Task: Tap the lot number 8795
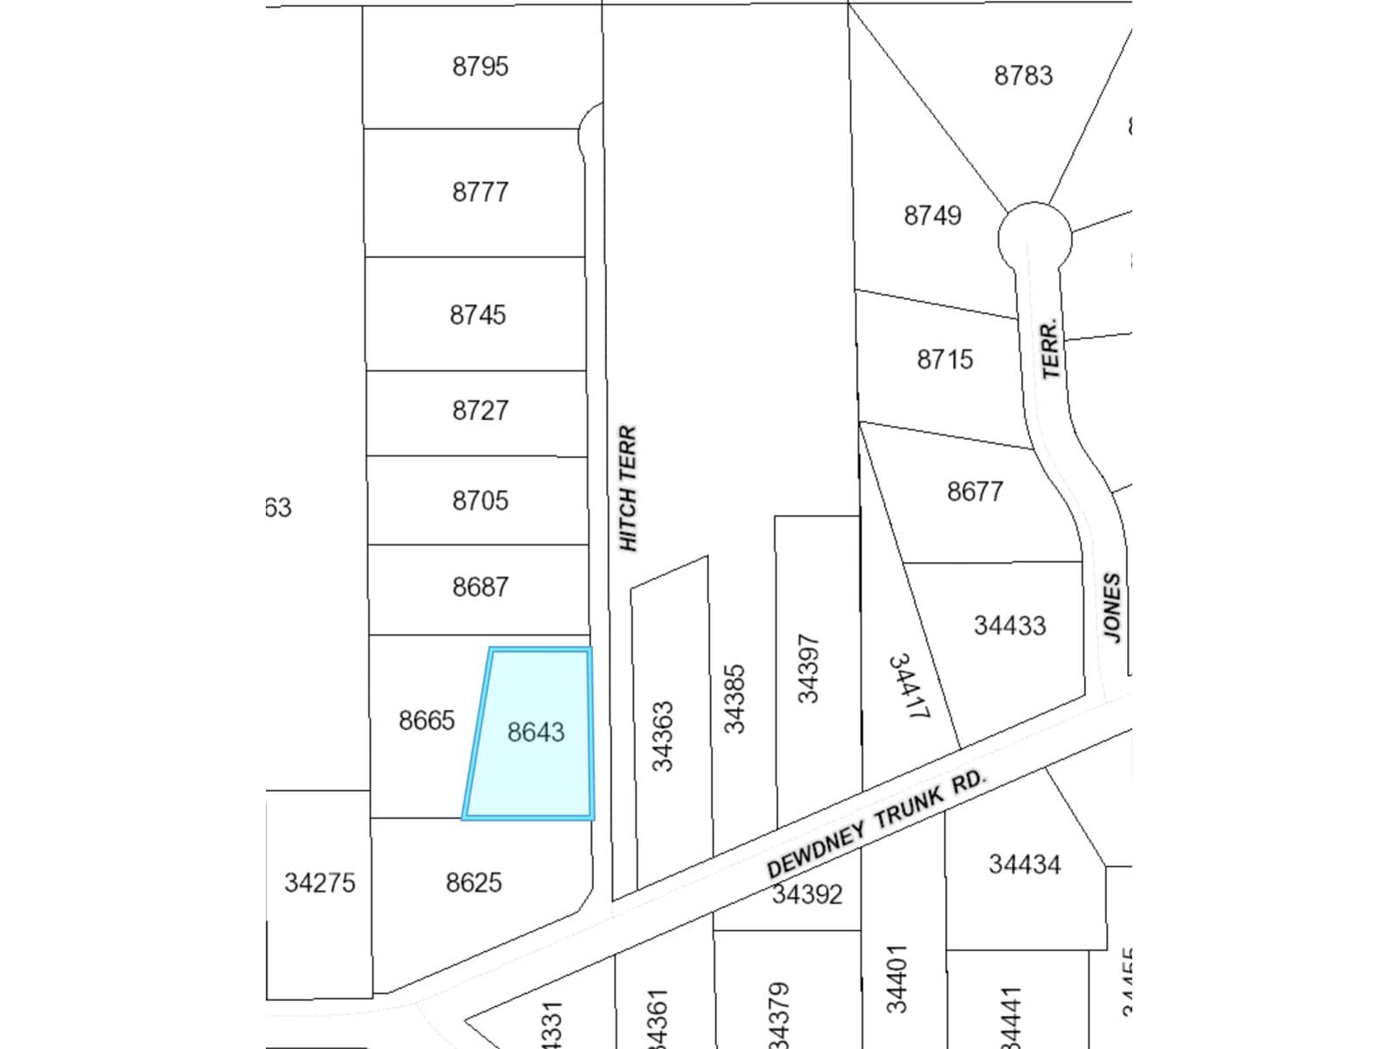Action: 480,66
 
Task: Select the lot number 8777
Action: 480,191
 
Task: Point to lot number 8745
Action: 477,315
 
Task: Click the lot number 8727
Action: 480,410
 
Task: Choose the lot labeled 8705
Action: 480,500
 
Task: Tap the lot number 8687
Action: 480,587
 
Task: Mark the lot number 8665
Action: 427,720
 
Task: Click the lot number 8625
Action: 474,883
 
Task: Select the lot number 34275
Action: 320,883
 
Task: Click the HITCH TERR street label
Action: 629,489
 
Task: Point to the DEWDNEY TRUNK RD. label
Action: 876,823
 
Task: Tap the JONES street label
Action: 1111,608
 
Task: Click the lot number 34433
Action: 1009,626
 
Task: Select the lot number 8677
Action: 975,491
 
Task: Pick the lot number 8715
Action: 944,359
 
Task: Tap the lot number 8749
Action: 932,215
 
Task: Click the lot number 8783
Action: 1023,75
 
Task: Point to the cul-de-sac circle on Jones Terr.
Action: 1034,236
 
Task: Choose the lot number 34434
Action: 1024,865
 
